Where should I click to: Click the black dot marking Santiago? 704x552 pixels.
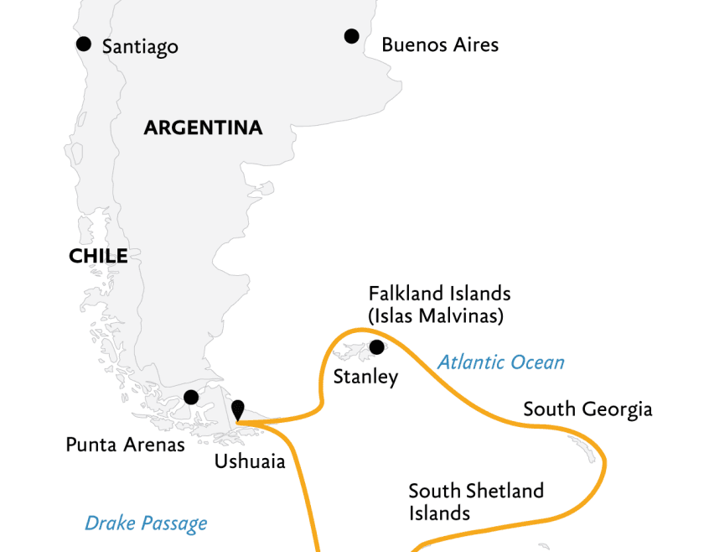[83, 44]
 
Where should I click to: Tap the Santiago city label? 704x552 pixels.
[140, 47]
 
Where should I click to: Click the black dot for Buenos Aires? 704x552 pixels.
[351, 36]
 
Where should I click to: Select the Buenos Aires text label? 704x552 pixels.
[440, 45]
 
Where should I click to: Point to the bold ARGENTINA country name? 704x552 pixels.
[203, 128]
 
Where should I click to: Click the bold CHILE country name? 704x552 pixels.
[98, 257]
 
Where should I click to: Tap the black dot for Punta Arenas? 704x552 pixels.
[191, 397]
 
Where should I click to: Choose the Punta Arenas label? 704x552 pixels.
[125, 445]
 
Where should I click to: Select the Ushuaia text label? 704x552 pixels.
[250, 461]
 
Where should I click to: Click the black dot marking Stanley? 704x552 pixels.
[376, 347]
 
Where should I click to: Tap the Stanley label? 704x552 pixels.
[365, 378]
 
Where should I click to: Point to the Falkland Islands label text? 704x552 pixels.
[439, 294]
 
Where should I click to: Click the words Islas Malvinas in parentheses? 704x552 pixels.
[439, 316]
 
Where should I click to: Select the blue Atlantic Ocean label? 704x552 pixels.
[500, 362]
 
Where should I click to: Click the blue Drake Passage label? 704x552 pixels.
[146, 524]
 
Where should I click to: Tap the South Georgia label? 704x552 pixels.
[588, 409]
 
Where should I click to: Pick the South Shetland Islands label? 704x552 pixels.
[475, 501]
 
